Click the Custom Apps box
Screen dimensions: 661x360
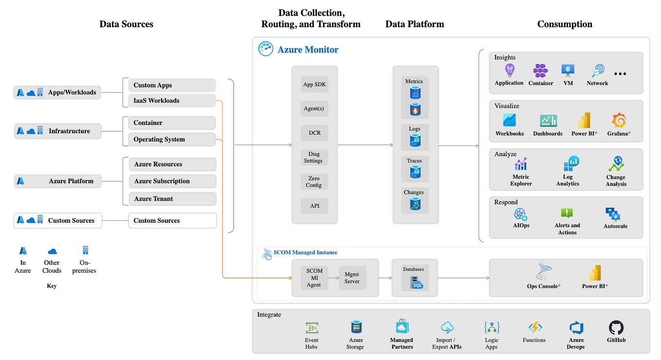172,85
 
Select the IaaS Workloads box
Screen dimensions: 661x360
172,101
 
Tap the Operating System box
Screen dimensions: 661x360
172,139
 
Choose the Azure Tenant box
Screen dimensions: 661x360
172,198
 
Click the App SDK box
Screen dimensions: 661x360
314,84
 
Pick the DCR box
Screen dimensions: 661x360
314,133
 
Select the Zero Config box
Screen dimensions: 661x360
314,181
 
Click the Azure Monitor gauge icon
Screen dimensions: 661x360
266,49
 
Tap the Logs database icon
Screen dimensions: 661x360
415,140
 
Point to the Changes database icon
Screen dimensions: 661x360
415,204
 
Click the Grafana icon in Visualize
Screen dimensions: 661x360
619,120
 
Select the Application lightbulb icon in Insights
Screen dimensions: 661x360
510,71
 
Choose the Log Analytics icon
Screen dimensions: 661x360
571,163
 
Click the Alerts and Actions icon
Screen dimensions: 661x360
567,213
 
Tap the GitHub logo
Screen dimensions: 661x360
616,327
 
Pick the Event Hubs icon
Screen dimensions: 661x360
312,328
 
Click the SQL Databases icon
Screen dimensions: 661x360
416,283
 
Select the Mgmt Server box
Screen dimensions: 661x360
352,278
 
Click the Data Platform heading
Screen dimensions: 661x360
415,24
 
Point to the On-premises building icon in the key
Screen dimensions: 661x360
85,251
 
